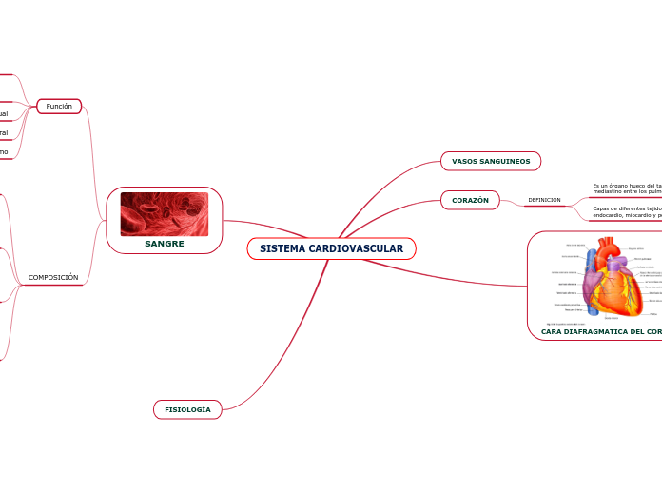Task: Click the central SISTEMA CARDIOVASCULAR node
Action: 331,248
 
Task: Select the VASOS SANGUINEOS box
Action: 490,161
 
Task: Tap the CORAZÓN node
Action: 470,200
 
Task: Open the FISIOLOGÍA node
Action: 187,409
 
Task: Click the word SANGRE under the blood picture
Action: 165,244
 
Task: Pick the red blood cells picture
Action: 165,213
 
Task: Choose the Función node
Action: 59,107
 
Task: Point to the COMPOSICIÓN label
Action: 53,278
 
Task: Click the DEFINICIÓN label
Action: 544,200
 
